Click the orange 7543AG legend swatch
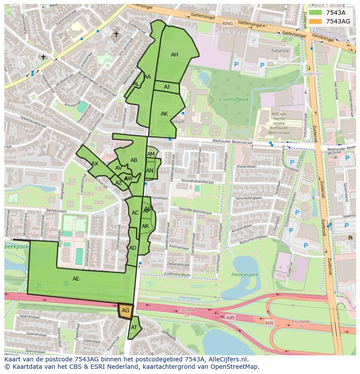316,21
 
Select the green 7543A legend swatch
316,13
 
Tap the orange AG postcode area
125,311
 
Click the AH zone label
174,55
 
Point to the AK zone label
164,114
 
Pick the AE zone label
76,279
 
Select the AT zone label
134,327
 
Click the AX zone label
95,164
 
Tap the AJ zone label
167,87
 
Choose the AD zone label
133,248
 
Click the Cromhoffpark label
233,99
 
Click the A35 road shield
230,318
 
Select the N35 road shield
270,323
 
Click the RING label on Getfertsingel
227,23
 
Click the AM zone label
151,154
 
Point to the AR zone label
145,226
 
